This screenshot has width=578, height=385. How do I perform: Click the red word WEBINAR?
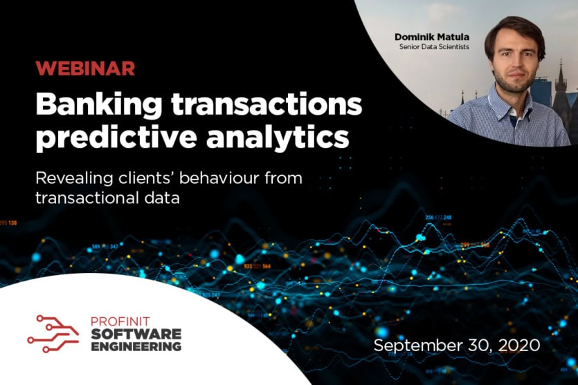point(85,69)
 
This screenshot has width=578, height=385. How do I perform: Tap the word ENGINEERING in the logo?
point(136,346)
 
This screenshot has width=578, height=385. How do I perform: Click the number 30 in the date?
point(471,345)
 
